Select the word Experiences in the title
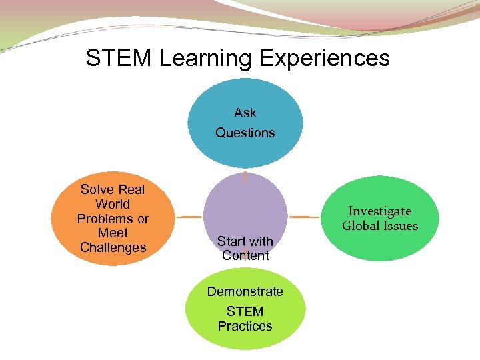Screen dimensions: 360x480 click(324, 59)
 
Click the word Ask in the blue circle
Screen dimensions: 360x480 click(245, 113)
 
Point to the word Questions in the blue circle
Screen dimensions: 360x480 click(245, 133)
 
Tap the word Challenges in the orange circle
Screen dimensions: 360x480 click(113, 247)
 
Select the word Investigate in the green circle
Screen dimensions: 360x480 click(380, 211)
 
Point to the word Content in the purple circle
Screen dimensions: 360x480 click(245, 255)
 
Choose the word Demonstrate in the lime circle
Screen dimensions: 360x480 click(245, 291)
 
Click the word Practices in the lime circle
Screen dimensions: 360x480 click(245, 326)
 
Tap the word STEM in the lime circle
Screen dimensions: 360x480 click(245, 311)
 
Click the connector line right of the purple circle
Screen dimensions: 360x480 click(303, 217)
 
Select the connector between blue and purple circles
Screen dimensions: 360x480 click(245, 177)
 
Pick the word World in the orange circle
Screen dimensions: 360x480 click(113, 204)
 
